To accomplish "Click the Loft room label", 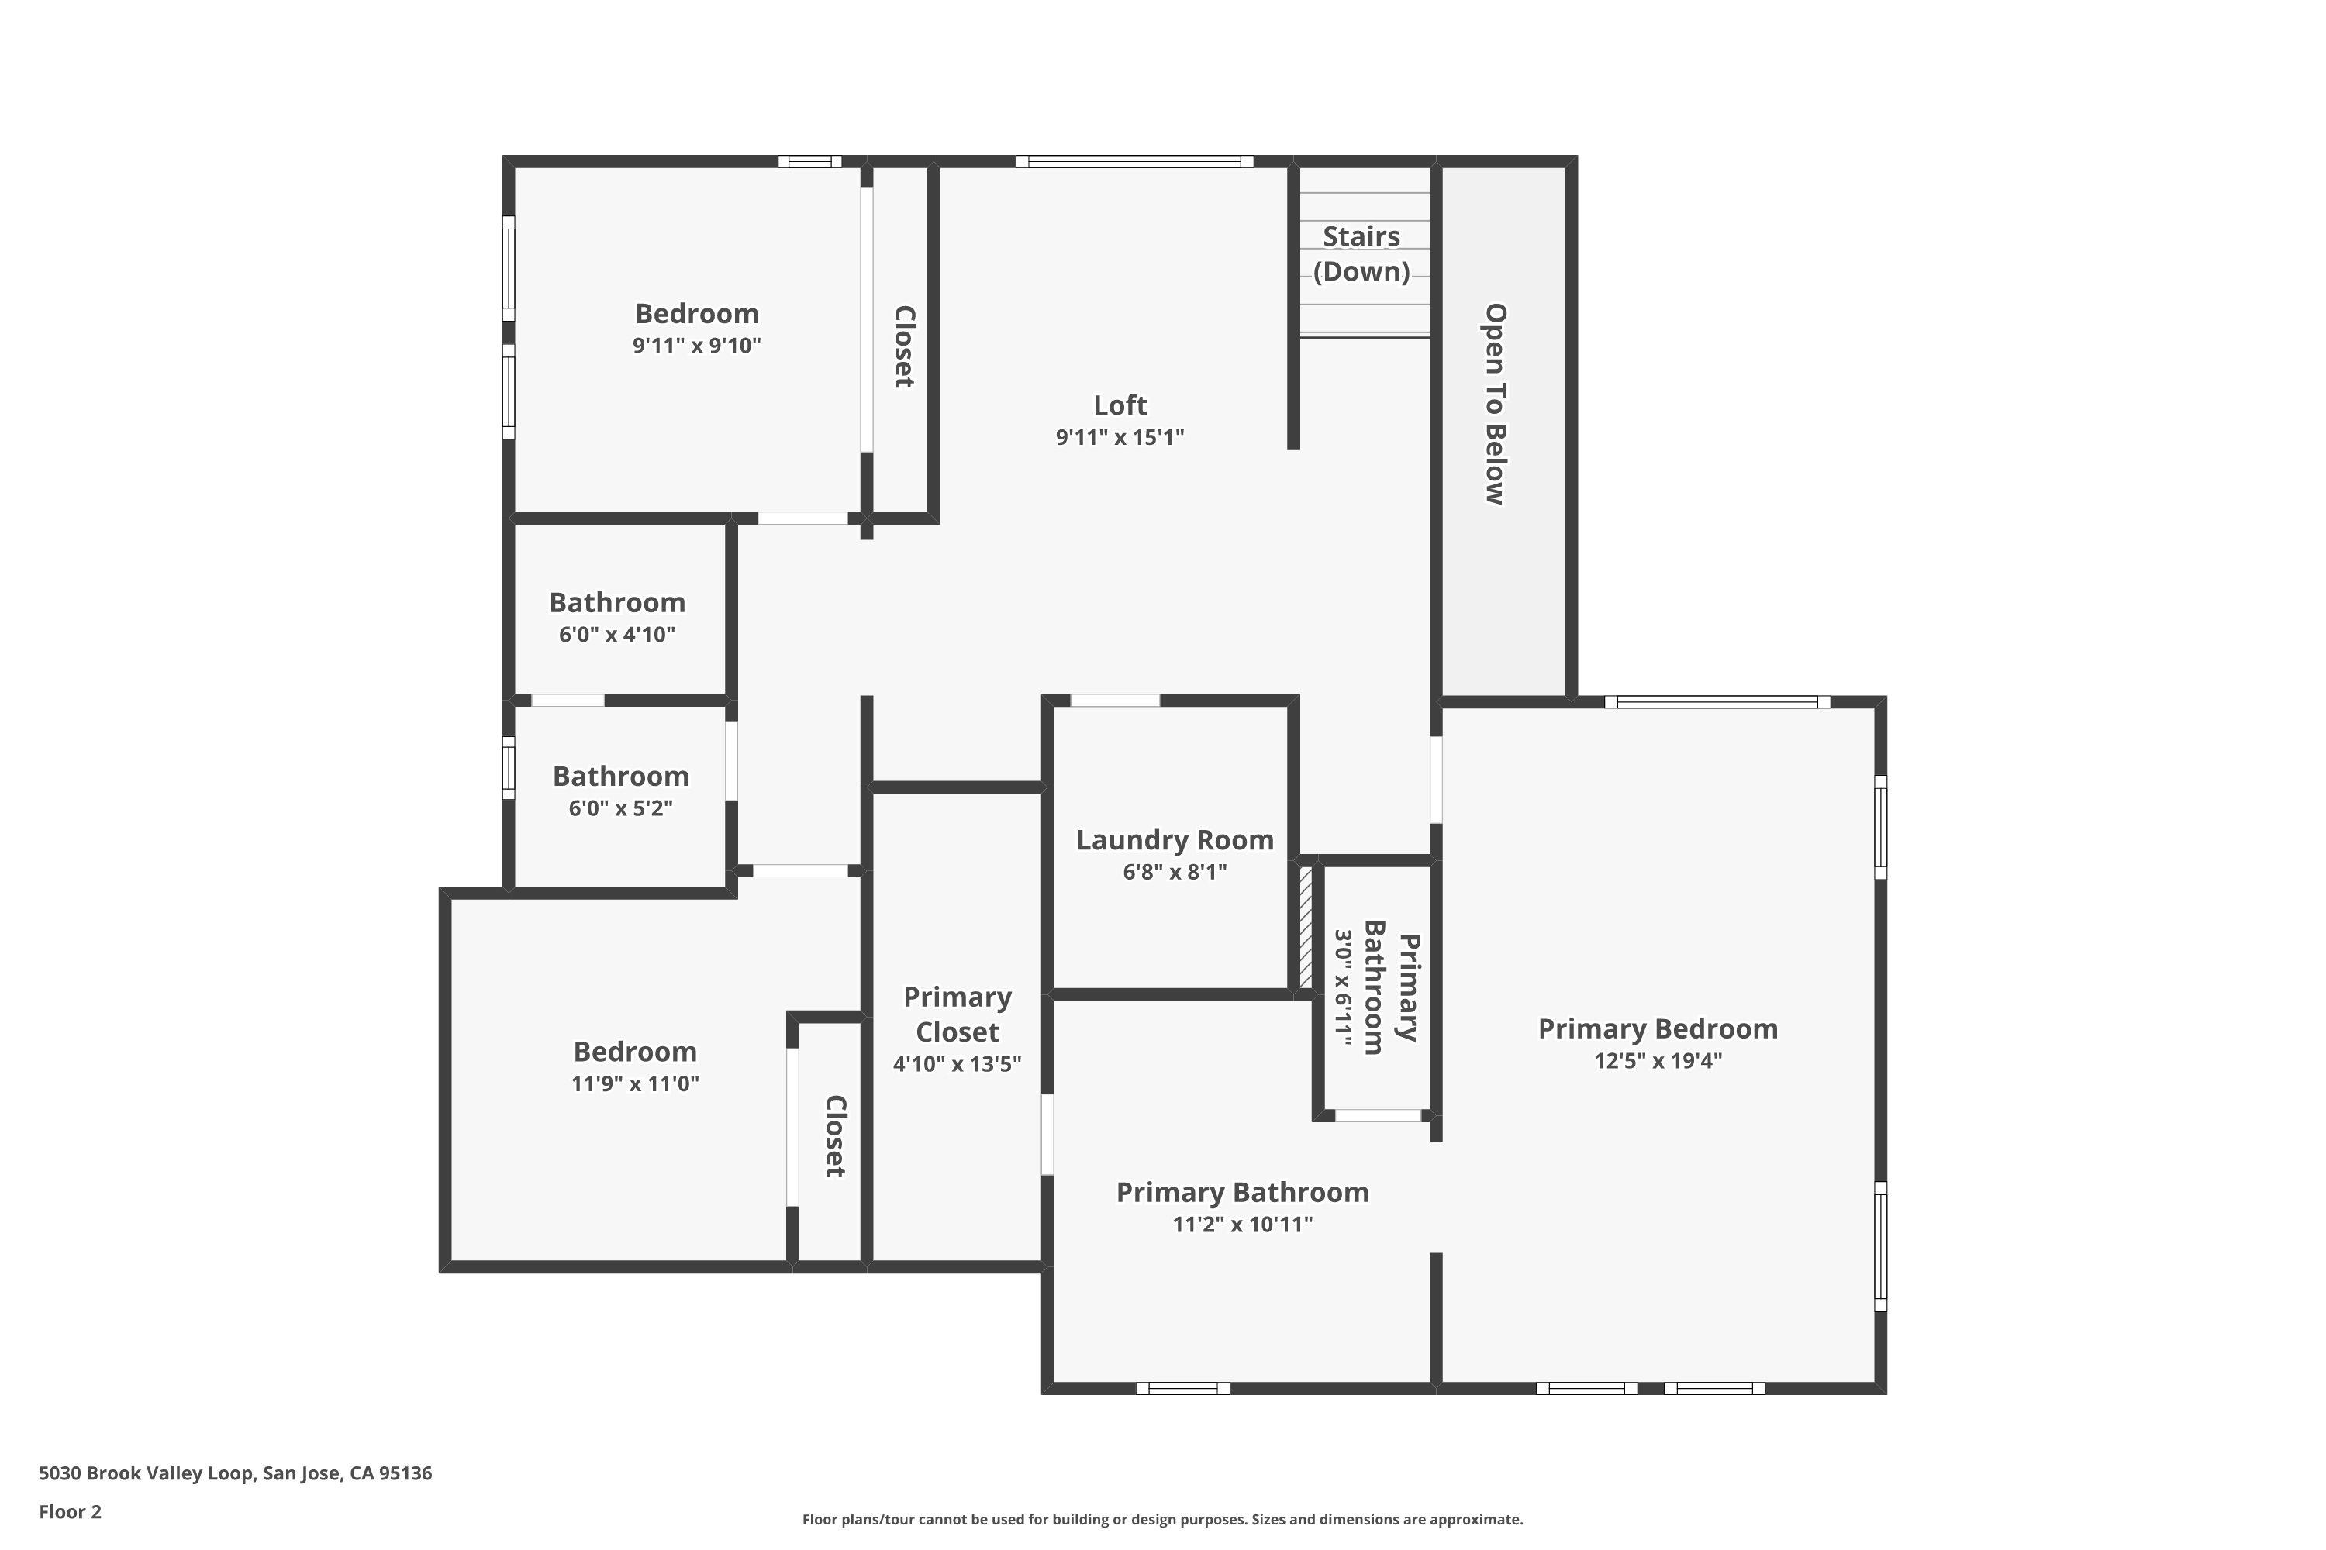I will coord(1120,405).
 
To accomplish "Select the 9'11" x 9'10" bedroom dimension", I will coord(696,346).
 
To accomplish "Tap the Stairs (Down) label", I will coord(1361,254).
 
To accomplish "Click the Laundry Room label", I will coord(1174,840).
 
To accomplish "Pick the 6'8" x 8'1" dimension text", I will coord(1174,872).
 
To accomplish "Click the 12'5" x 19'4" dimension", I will coord(1658,1061).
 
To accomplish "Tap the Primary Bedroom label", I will coord(1658,1029).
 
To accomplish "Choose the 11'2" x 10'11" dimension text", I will coord(1242,1224).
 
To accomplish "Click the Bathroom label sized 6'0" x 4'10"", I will coord(617,603).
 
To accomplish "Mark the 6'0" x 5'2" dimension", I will coord(620,808).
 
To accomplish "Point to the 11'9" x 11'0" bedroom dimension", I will coord(635,1083).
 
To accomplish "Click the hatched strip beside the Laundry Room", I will coord(1306,927).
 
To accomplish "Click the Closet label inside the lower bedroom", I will coord(835,1136).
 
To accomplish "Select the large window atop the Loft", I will coord(1134,161).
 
